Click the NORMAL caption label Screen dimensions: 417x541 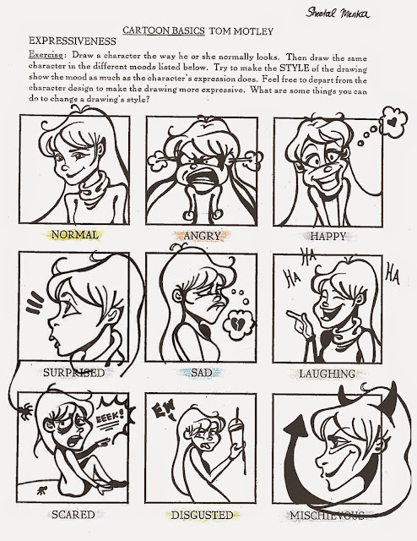coord(75,235)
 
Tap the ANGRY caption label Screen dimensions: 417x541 coord(202,236)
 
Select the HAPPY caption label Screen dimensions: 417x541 coord(328,237)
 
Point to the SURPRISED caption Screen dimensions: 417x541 coord(73,373)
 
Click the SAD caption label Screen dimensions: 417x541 coord(202,373)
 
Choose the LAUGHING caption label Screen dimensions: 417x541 coord(327,374)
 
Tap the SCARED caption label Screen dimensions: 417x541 coord(73,515)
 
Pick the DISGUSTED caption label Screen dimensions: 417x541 coord(203,515)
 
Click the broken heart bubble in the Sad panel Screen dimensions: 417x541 coord(238,324)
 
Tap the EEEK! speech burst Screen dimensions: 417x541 coord(111,416)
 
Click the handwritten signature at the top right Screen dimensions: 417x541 coord(338,13)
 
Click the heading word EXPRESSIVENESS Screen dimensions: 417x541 coord(72,41)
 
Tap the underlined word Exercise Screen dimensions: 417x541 coord(46,55)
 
